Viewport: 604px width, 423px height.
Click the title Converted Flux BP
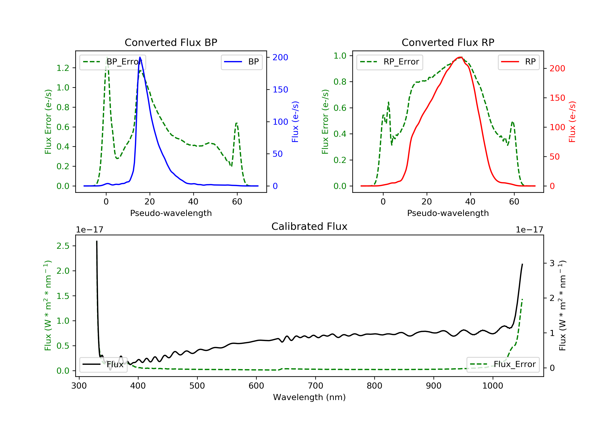tap(171, 42)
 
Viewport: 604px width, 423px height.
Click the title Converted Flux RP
tap(448, 42)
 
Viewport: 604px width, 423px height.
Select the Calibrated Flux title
tap(309, 226)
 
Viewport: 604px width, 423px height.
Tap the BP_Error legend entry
tap(112, 62)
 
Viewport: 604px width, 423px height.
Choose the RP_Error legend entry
tap(389, 62)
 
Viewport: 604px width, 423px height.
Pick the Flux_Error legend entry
tap(503, 364)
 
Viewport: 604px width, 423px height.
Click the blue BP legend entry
tap(241, 62)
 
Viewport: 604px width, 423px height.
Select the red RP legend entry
tap(518, 62)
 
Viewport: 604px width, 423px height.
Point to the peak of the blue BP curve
tap(140, 57)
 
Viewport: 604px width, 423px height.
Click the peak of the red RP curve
tap(460, 57)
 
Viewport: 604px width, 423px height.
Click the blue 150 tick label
tap(280, 90)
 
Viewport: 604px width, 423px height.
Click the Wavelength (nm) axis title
tap(309, 397)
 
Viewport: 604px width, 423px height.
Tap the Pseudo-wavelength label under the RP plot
tap(448, 213)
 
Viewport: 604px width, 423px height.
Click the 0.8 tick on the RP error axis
tap(340, 82)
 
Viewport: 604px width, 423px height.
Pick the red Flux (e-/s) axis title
tap(572, 122)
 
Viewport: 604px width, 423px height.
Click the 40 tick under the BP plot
tap(193, 202)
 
